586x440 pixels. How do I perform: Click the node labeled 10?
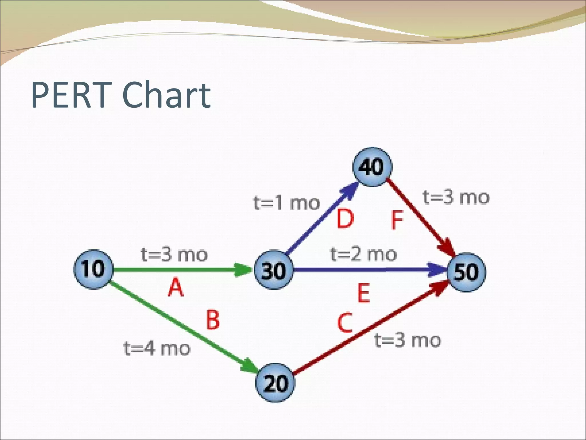(93, 269)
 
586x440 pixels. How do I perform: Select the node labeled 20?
(275, 383)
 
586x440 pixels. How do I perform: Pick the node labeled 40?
(372, 167)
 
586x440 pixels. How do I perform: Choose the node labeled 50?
(466, 272)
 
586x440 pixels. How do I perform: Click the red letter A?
(175, 288)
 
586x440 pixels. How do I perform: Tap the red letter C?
(345, 323)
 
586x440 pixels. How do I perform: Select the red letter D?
(345, 219)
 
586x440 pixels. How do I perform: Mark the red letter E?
(364, 293)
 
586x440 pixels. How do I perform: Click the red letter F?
(397, 220)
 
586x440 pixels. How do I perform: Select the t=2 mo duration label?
(364, 254)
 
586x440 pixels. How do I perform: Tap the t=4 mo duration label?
(157, 348)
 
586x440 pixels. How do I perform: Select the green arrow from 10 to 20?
(183, 327)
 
